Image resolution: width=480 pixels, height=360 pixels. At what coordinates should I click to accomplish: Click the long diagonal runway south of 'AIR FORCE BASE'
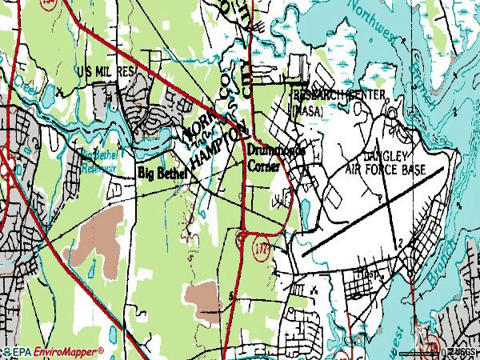(372, 216)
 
